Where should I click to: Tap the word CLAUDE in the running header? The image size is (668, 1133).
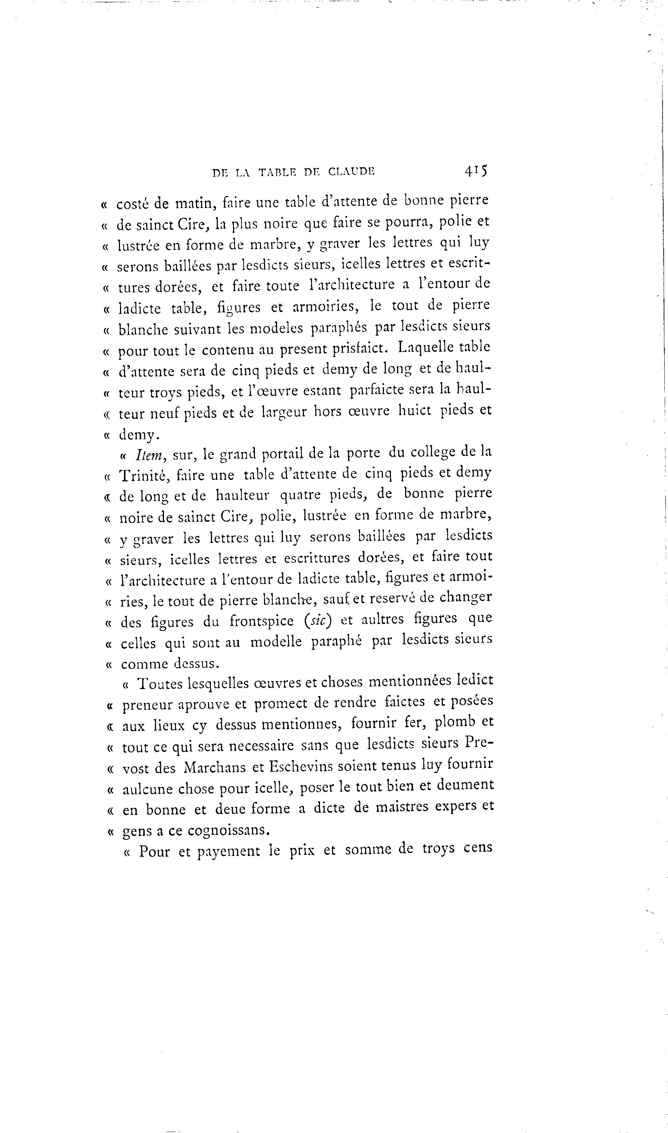point(352,171)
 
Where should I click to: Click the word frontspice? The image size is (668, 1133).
point(261,621)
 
